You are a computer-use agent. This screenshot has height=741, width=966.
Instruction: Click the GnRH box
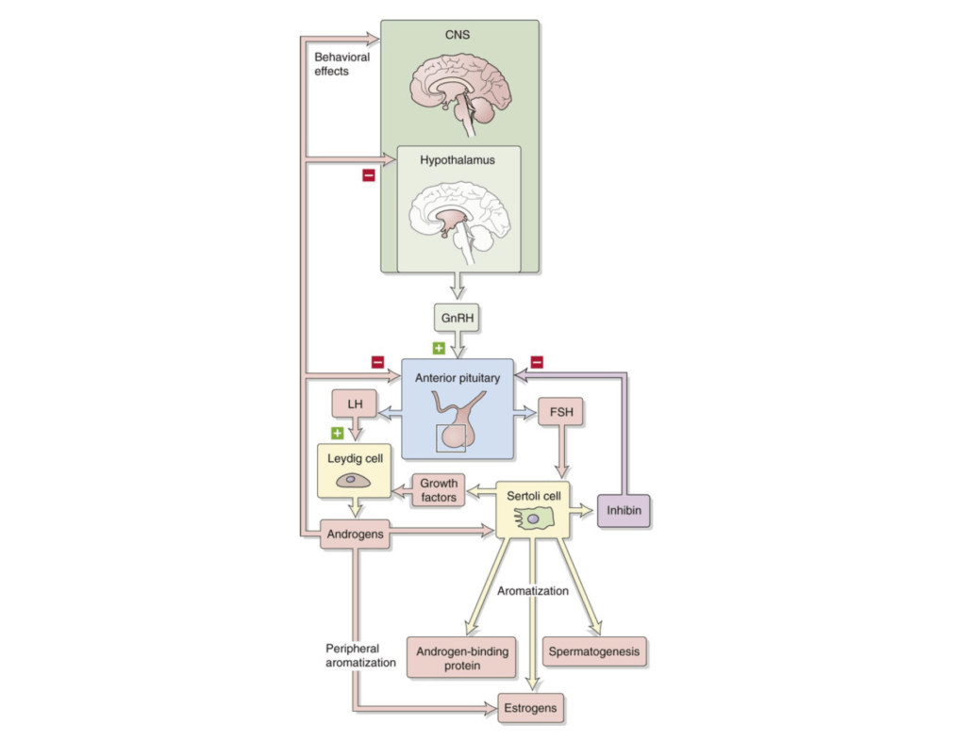click(457, 318)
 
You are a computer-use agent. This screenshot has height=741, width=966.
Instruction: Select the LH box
click(355, 403)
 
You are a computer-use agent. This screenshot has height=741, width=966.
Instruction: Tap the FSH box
click(560, 412)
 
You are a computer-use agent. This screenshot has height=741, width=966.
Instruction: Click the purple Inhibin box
click(624, 510)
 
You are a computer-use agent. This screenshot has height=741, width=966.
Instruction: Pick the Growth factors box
click(439, 490)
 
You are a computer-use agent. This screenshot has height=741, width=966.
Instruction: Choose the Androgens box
click(355, 534)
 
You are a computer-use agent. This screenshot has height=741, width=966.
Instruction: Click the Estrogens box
click(530, 708)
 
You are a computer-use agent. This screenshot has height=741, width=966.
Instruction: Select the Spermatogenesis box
click(594, 651)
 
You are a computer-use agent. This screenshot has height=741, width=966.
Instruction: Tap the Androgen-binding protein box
click(462, 658)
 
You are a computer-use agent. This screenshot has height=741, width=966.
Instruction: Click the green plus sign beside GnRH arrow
click(439, 348)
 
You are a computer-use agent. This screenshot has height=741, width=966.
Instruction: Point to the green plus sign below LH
click(337, 434)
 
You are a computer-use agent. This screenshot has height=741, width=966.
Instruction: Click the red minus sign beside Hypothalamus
click(369, 175)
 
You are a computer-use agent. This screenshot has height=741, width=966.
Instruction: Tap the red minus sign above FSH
click(537, 362)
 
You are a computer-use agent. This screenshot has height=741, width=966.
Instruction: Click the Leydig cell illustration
click(353, 480)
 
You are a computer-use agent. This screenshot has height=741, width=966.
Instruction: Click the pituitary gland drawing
click(457, 421)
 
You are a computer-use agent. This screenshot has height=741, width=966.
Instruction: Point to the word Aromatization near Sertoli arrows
click(533, 591)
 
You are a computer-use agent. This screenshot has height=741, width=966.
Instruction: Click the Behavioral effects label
click(341, 64)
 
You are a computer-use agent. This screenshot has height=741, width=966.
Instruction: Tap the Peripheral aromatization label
click(360, 655)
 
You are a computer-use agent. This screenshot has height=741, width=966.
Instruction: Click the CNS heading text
click(458, 35)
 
